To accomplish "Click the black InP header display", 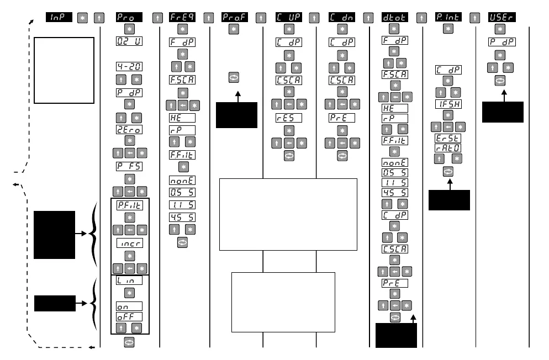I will click(59, 18).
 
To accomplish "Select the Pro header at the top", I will click(129, 18).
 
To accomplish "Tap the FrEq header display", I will click(182, 18).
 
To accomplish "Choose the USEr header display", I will click(499, 18).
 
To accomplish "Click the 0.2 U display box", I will click(129, 41).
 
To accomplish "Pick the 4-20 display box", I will click(129, 66).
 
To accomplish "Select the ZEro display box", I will click(129, 130).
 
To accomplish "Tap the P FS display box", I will click(129, 166).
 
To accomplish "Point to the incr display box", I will click(129, 243).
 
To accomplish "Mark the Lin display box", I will click(129, 280).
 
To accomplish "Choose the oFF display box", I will click(129, 316).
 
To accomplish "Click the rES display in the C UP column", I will click(288, 118).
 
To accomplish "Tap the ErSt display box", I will click(448, 139).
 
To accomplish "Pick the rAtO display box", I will click(448, 147).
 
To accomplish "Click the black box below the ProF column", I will click(236, 115).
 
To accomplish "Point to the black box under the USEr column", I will click(503, 112).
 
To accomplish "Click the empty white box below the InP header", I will click(64, 70).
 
